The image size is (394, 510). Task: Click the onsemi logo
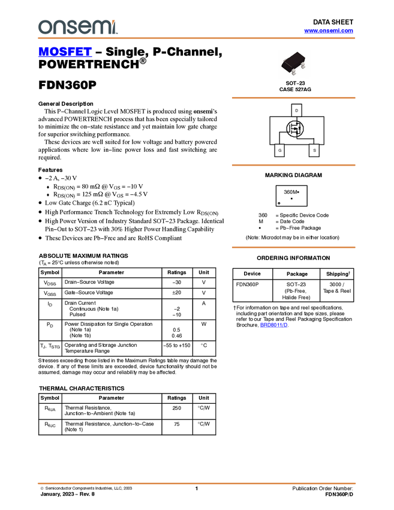click(x=77, y=27)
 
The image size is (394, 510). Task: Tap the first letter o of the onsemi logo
click(x=44, y=28)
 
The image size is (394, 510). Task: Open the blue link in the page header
click(x=329, y=31)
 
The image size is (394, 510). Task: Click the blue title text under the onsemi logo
click(x=65, y=52)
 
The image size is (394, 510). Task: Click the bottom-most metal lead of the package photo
click(x=294, y=73)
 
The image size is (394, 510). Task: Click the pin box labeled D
click(x=296, y=110)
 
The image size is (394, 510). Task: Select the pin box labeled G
click(x=279, y=150)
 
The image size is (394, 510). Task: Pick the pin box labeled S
click(x=314, y=150)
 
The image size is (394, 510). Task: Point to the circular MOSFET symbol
click(x=295, y=128)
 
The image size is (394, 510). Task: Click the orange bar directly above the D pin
click(x=293, y=97)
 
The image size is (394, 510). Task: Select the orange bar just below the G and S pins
click(x=293, y=164)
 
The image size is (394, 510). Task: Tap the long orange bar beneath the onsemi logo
click(x=196, y=38)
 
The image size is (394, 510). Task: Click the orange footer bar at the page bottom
click(x=196, y=482)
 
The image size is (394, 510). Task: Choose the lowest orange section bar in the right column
click(x=293, y=247)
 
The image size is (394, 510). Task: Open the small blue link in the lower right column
click(x=273, y=325)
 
